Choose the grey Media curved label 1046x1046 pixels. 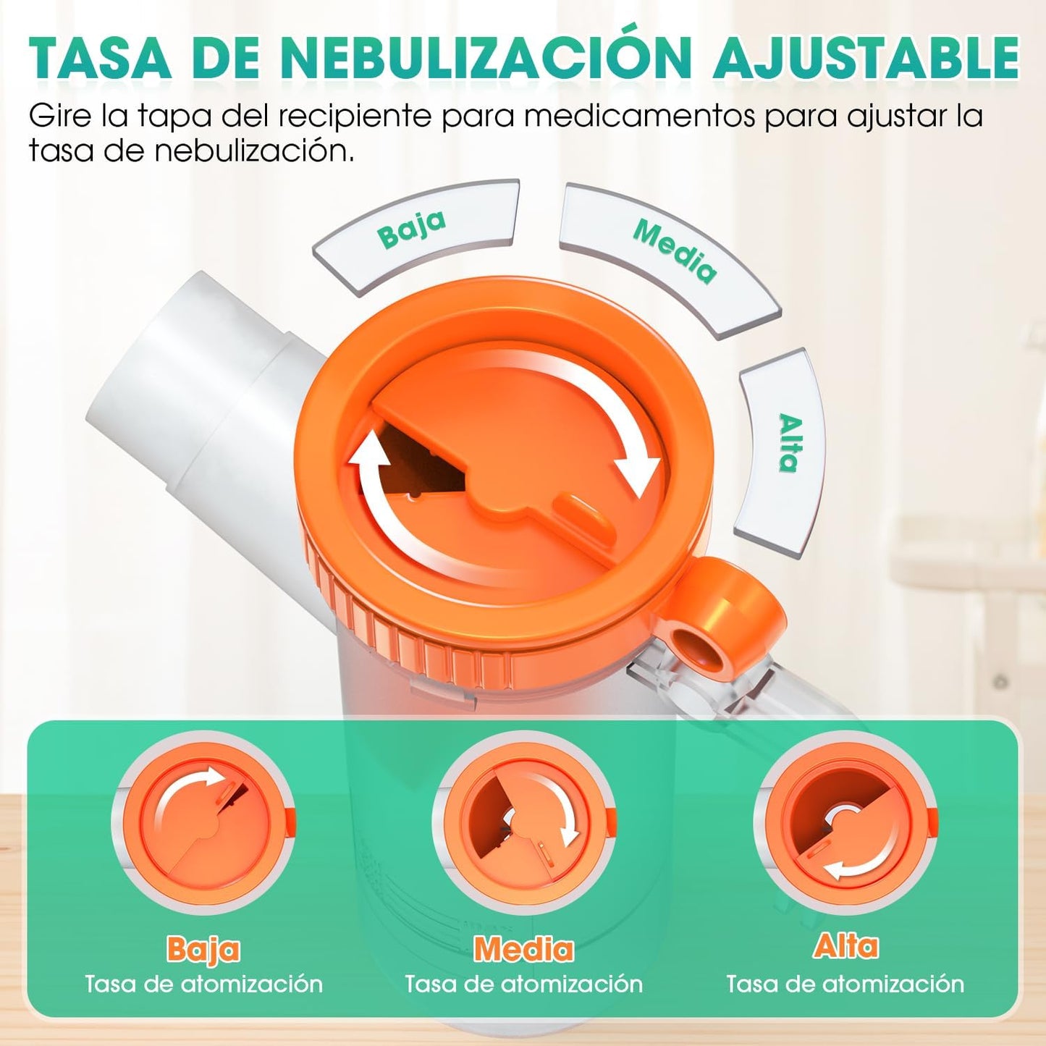(672, 253)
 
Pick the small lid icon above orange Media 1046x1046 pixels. (524, 825)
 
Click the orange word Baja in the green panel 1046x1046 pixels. (203, 949)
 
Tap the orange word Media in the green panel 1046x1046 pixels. (523, 949)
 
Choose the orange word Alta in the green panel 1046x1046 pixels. (845, 946)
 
